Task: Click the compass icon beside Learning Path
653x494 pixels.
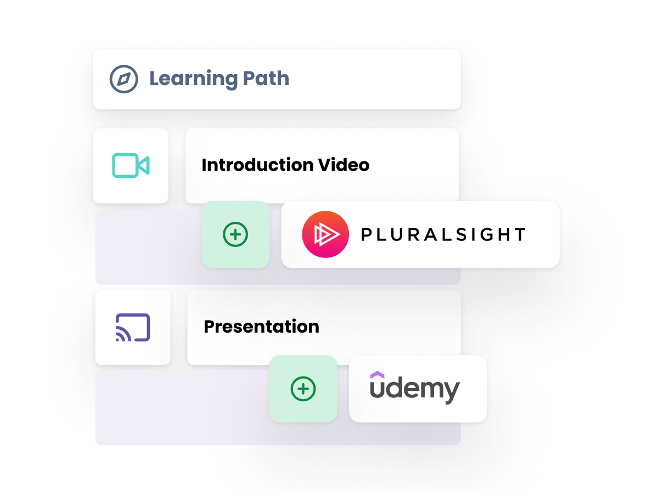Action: (123, 79)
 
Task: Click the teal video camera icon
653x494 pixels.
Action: (131, 165)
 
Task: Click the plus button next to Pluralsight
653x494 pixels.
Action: (235, 234)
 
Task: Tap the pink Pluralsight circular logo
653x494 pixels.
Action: (325, 234)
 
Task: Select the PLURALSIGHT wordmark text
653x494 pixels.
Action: (443, 235)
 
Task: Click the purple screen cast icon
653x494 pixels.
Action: (133, 328)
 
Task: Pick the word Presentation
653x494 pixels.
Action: (261, 327)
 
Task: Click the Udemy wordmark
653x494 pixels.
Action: (414, 389)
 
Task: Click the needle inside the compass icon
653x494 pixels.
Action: (124, 79)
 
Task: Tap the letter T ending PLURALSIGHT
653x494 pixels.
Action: (519, 235)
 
